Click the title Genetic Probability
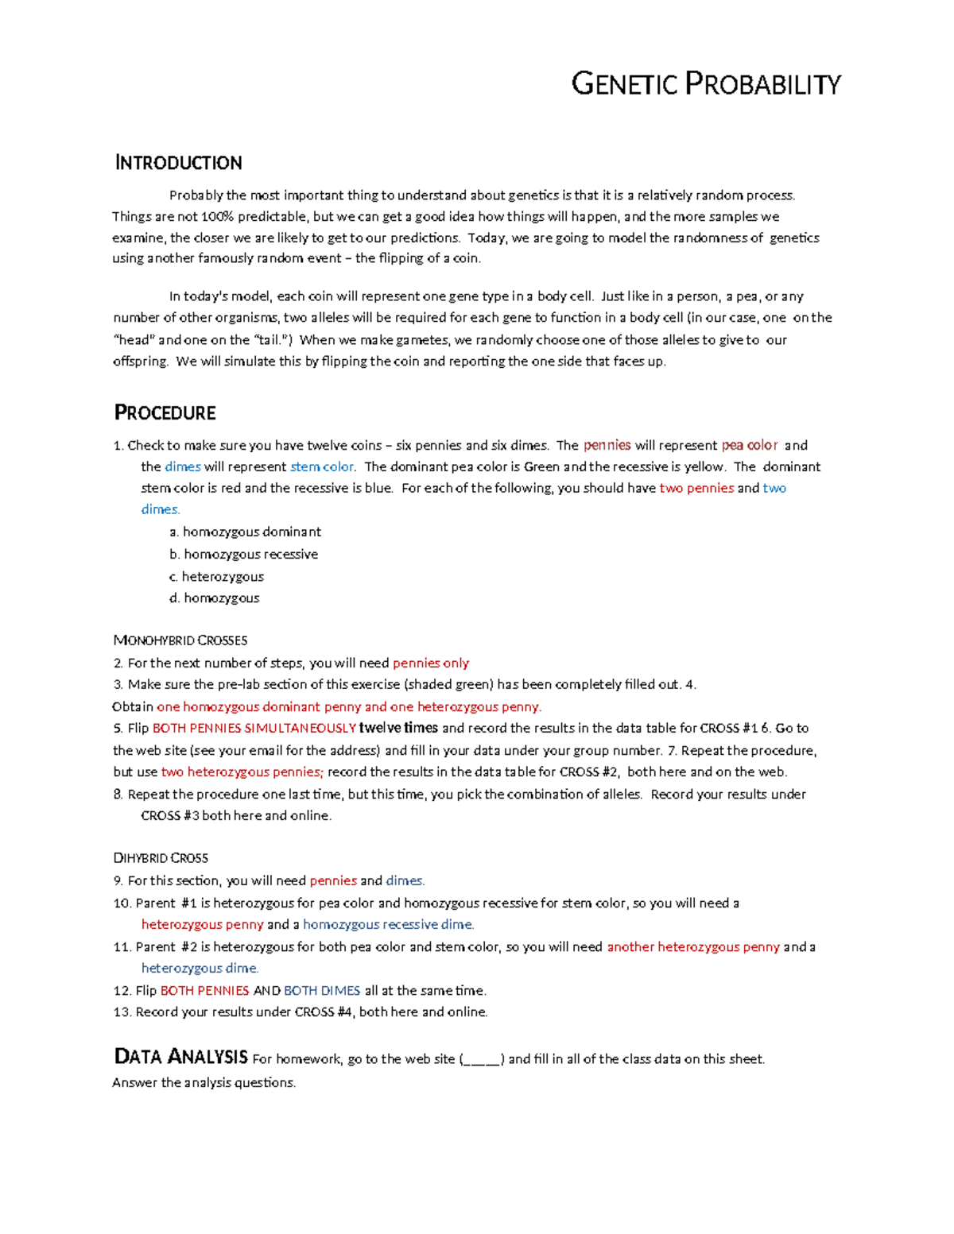coord(705,84)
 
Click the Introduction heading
coord(178,163)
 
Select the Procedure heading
coord(165,413)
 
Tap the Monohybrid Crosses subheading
coord(180,640)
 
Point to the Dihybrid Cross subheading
coord(161,858)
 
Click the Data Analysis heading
coord(181,1057)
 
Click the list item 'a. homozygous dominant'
coord(245,532)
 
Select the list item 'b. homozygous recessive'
coord(243,554)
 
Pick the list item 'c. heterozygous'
coord(216,576)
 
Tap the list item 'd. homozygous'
coord(214,598)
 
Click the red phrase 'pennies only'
coord(431,663)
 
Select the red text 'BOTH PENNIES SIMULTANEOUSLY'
coord(254,728)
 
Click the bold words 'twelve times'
coord(398,728)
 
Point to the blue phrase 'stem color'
coord(322,466)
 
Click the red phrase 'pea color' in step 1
coord(750,445)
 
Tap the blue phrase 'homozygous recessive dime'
coord(388,924)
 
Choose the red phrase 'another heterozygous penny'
coord(693,946)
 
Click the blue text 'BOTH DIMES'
coord(322,990)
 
